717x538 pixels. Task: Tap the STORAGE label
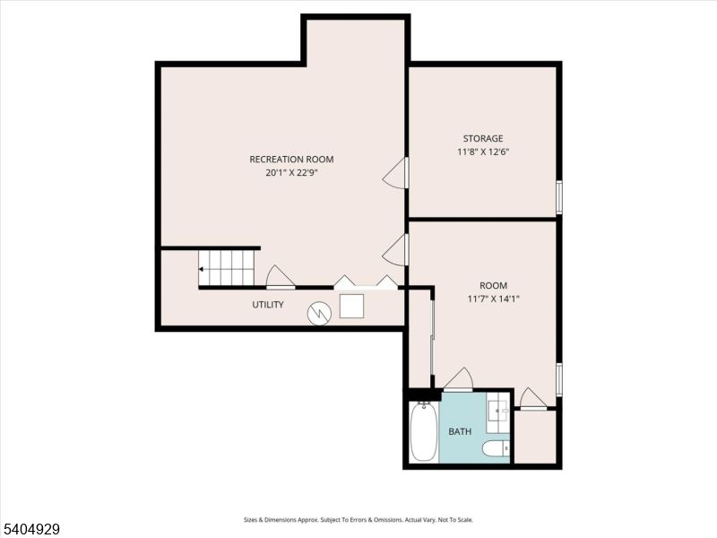483,139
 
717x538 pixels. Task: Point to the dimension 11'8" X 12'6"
483,152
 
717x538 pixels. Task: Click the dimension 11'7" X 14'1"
493,299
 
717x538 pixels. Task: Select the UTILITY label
267,305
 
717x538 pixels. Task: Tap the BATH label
460,432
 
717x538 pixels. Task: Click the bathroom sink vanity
498,412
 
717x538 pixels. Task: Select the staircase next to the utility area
228,267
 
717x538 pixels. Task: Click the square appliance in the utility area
351,306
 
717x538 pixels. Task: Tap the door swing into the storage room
395,174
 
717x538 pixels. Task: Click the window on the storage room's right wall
558,197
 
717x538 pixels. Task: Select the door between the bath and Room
458,380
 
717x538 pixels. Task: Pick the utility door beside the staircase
280,277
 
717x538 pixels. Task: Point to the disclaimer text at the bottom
358,519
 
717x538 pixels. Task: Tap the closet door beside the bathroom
532,399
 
